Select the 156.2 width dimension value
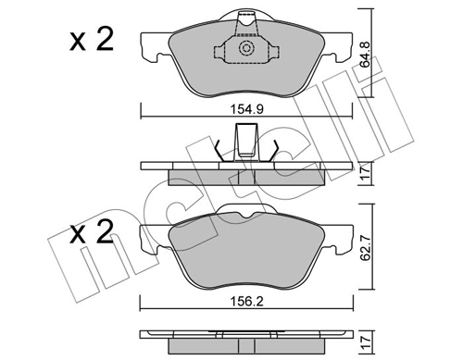245,287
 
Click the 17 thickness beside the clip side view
365,170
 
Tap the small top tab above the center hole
246,18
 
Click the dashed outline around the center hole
222,51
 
